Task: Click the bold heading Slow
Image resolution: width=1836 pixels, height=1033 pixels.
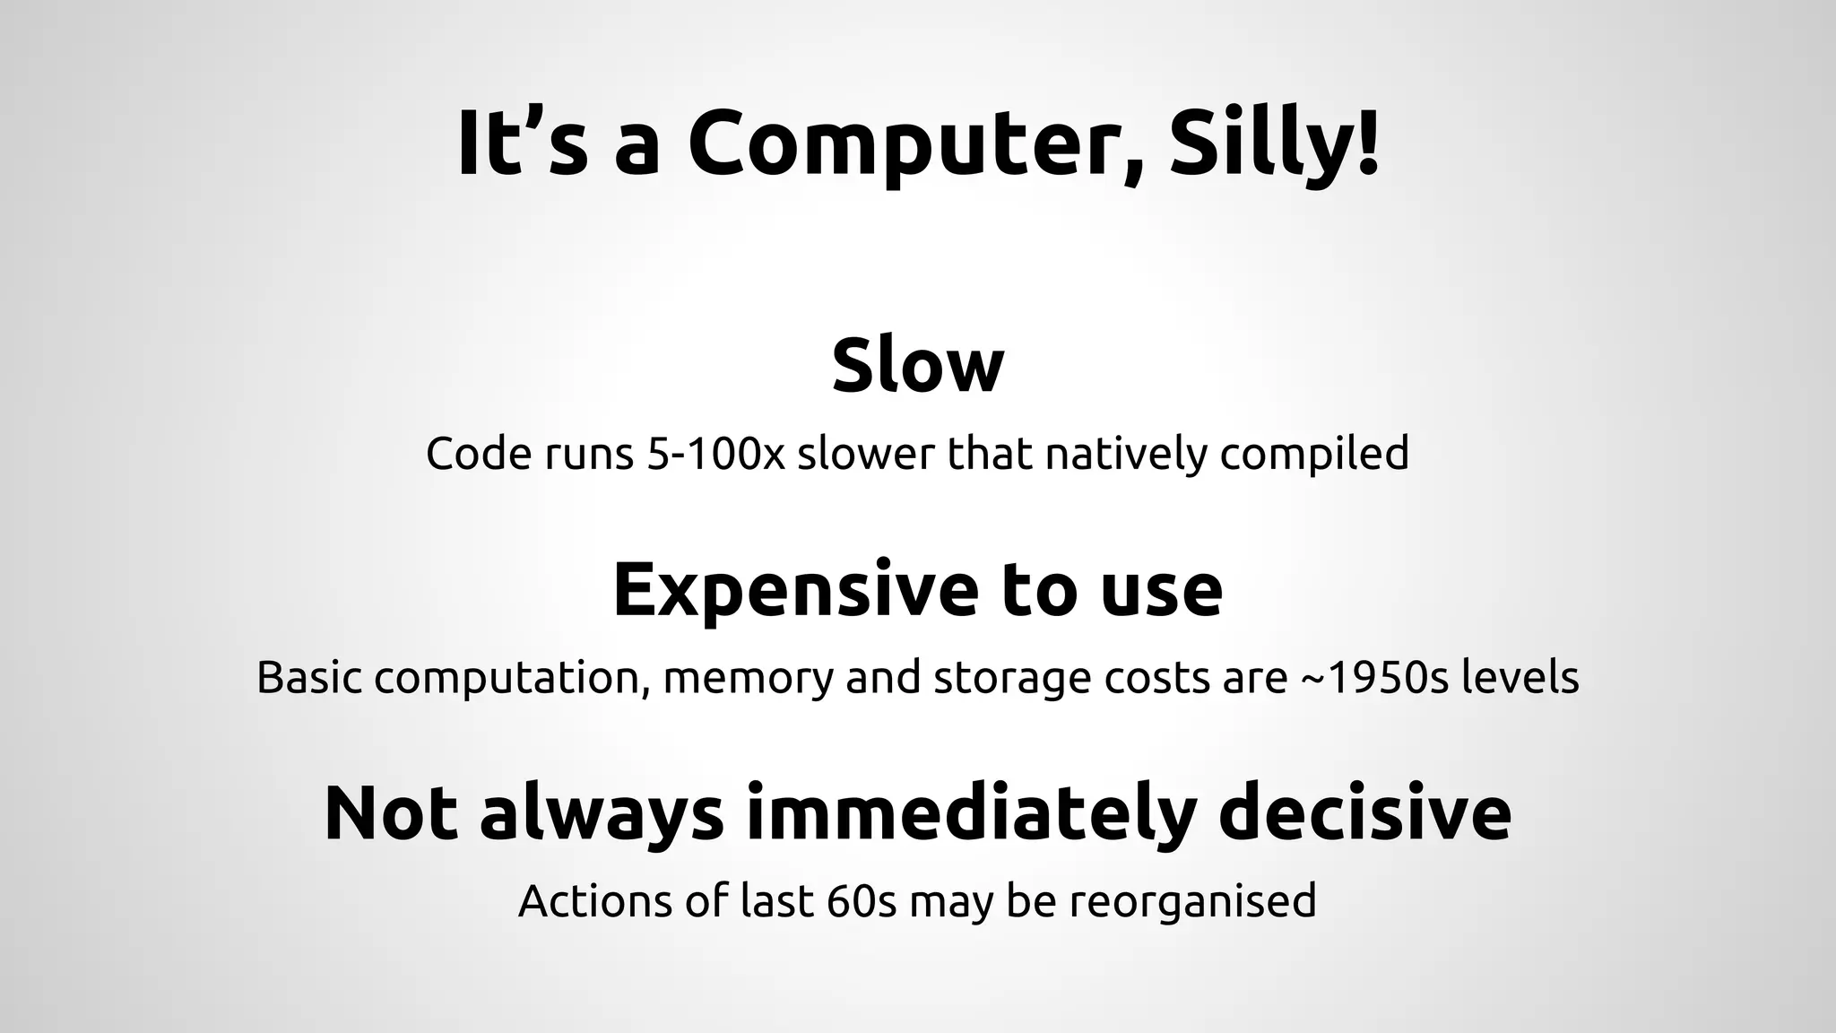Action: tap(918, 365)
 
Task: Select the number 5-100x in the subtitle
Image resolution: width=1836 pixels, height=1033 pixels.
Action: tap(715, 453)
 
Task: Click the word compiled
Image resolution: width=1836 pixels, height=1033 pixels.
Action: tap(1314, 455)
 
